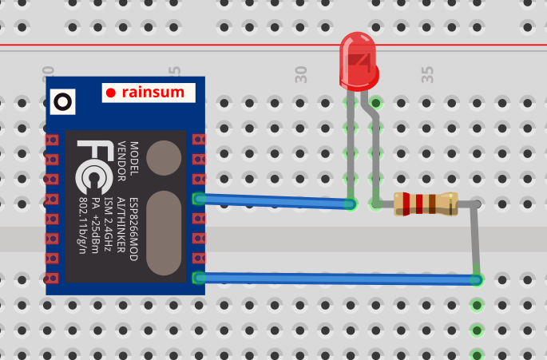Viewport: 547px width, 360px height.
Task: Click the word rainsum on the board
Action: click(x=157, y=93)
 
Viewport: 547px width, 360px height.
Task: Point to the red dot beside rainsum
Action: click(x=111, y=93)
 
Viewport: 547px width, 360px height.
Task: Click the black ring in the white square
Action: click(x=62, y=101)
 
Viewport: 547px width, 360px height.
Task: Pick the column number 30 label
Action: click(x=301, y=76)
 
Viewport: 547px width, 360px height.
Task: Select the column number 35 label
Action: click(x=427, y=76)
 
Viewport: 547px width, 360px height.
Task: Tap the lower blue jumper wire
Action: click(x=335, y=279)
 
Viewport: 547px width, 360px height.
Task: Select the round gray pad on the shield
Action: click(x=164, y=157)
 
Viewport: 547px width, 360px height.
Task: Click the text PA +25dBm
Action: click(x=96, y=227)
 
